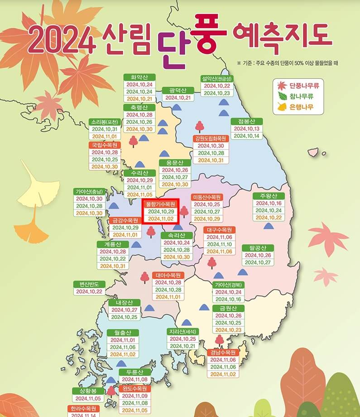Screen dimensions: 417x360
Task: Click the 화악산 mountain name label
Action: [139, 77]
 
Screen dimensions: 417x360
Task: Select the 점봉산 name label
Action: [244, 121]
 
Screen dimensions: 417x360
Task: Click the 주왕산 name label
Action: [268, 196]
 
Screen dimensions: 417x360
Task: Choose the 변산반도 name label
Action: [89, 284]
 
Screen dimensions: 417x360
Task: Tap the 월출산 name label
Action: [123, 332]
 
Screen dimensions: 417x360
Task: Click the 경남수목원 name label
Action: [223, 352]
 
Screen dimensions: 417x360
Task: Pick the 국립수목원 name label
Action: [105, 145]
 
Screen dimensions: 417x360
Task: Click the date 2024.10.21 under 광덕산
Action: [178, 98]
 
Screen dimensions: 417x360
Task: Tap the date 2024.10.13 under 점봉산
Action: [247, 129]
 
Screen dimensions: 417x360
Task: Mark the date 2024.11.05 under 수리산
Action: [139, 194]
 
